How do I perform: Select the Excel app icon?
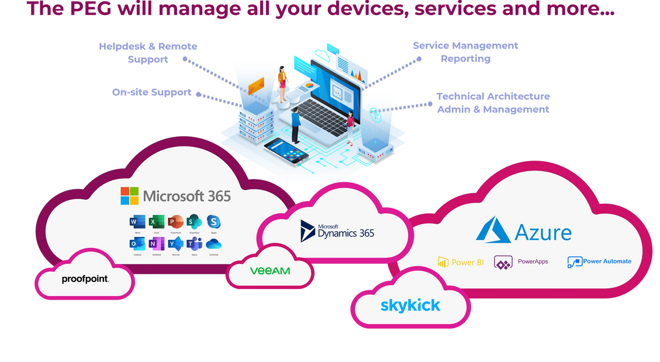click(x=156, y=222)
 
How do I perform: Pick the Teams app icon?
click(x=194, y=244)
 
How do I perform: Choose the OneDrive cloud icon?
click(x=214, y=244)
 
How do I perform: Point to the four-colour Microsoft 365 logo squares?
click(x=129, y=196)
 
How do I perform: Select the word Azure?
click(x=543, y=232)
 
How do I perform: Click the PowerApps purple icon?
click(x=503, y=262)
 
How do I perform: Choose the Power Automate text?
click(x=607, y=262)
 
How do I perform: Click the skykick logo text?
click(x=410, y=305)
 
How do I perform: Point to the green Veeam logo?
click(x=269, y=271)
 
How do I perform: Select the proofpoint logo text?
click(x=85, y=279)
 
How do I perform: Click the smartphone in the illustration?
click(x=286, y=151)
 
